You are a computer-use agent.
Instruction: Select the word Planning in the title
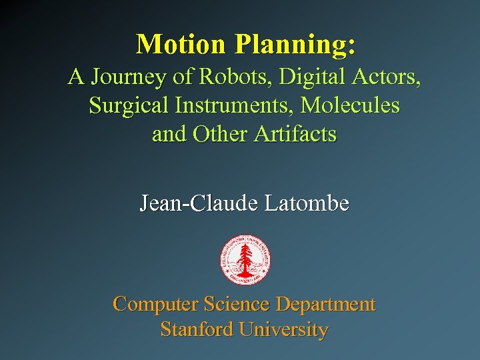coord(294,45)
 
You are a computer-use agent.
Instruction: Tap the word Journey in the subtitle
coord(126,77)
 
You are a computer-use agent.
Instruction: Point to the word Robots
coord(234,77)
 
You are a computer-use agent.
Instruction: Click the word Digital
coord(310,77)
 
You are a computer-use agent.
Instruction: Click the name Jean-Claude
coord(198,203)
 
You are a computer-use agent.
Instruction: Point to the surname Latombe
coord(306,203)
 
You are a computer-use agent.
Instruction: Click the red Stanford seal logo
coord(245,260)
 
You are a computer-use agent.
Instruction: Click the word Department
coord(326,305)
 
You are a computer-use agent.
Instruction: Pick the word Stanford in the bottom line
coord(196,329)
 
